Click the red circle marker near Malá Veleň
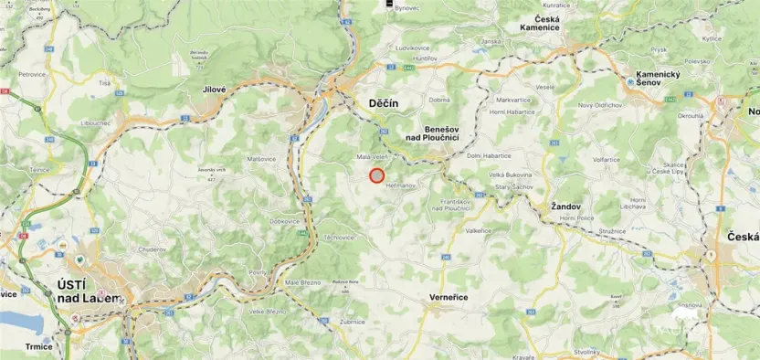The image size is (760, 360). tap(376, 175)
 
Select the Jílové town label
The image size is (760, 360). tap(215, 89)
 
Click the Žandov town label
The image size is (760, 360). tap(566, 206)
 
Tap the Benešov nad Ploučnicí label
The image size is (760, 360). tap(440, 132)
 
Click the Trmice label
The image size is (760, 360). tap(40, 346)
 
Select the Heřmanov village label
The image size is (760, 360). tap(401, 185)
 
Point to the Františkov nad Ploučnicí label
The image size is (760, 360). tap(450, 205)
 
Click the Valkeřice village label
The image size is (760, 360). tap(478, 230)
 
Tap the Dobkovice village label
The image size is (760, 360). tap(285, 221)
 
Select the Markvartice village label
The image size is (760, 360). tap(512, 99)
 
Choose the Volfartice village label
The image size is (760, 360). tap(607, 160)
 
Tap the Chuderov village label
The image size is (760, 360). tap(151, 249)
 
